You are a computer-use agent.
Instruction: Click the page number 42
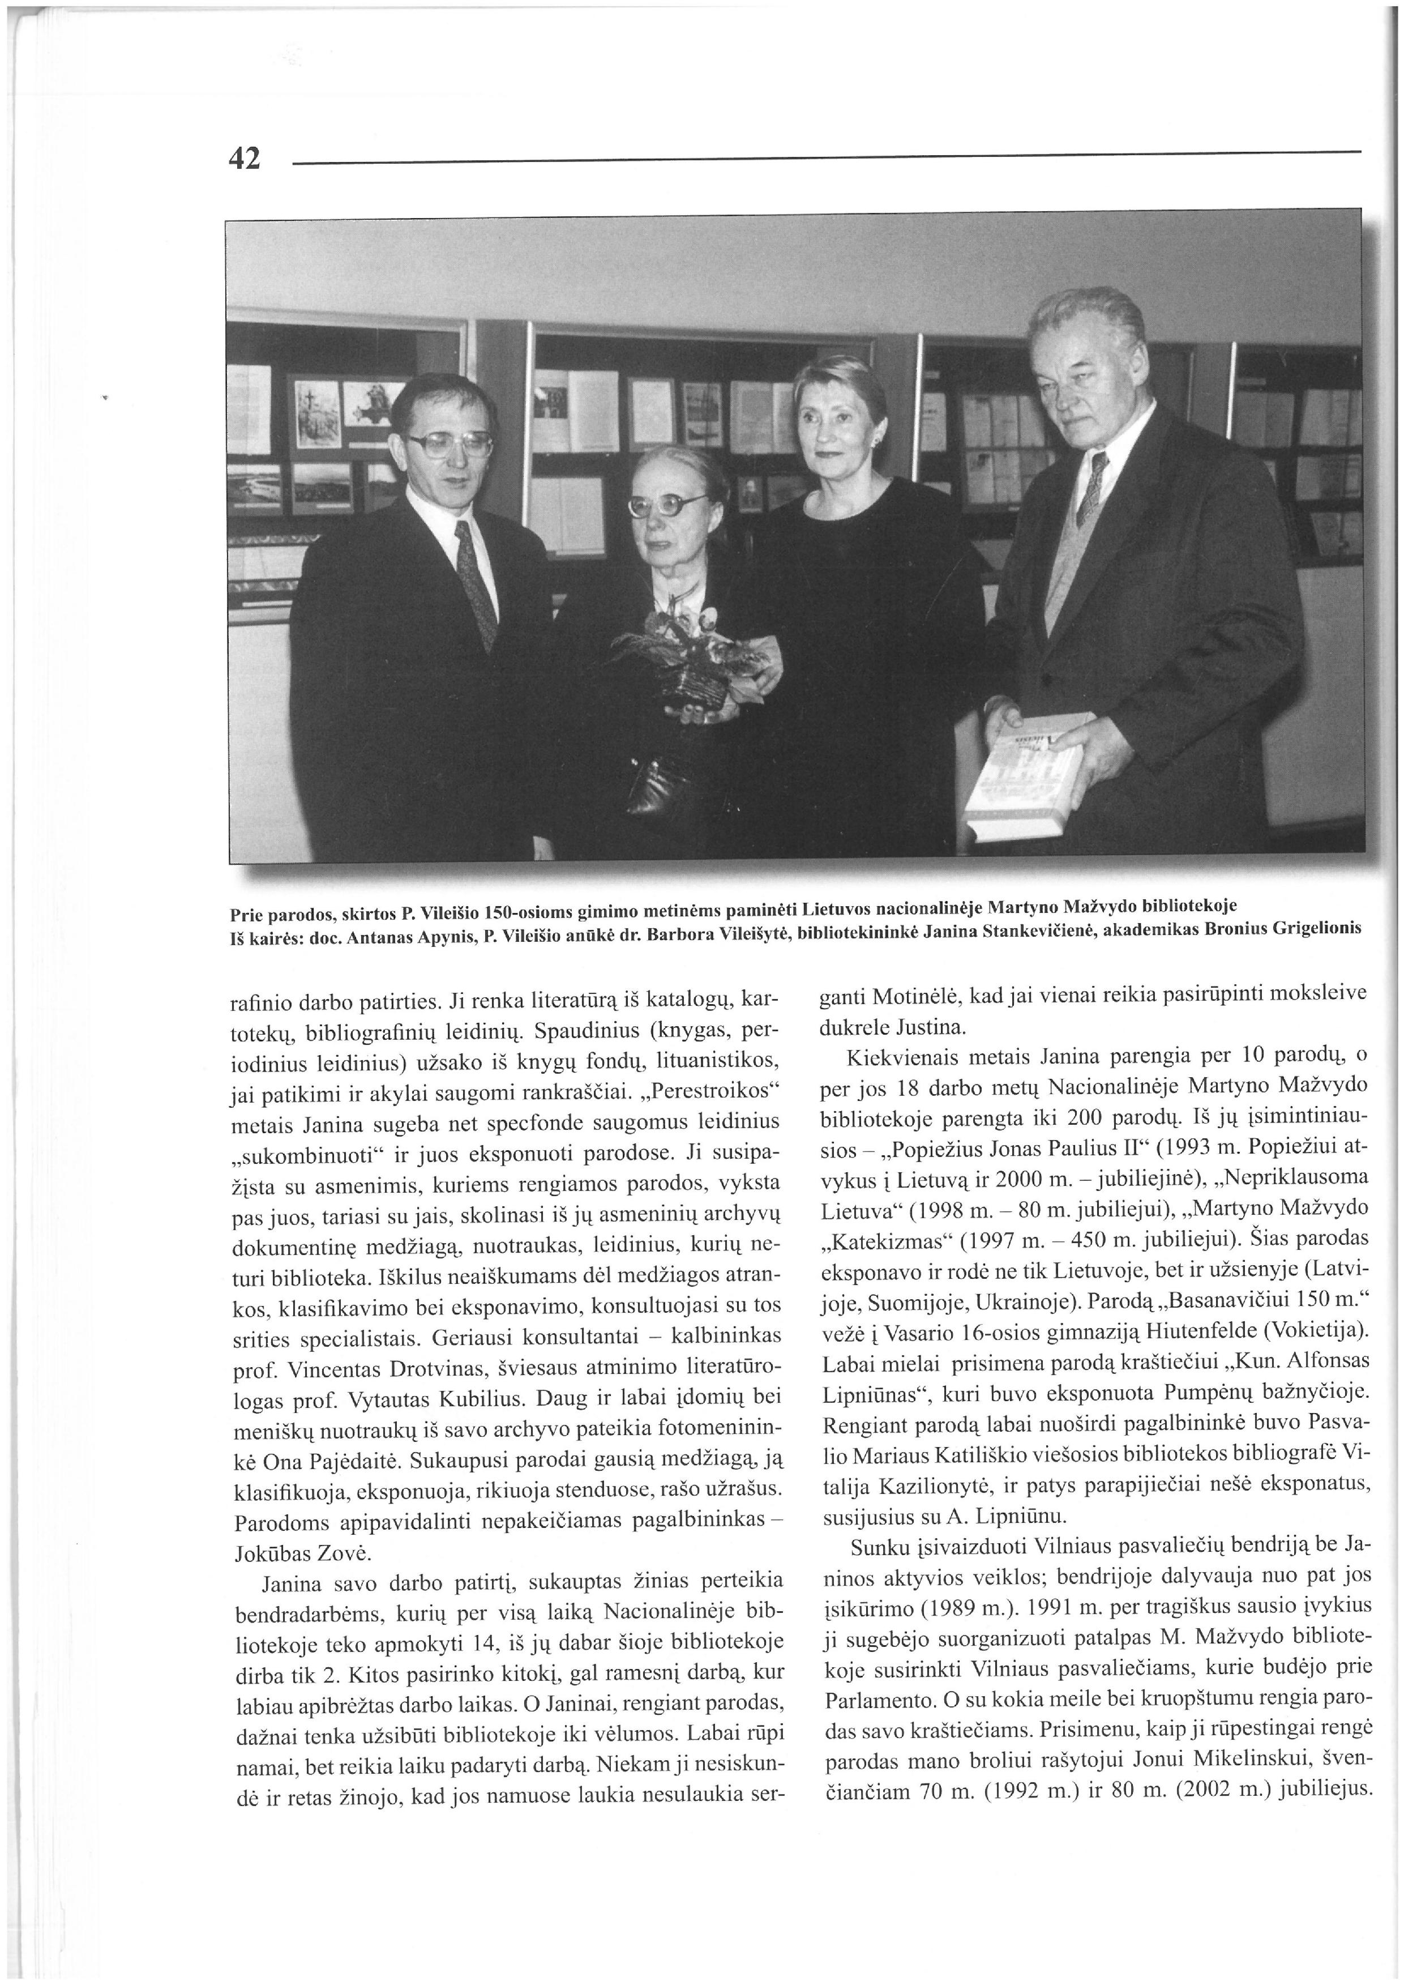244,158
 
